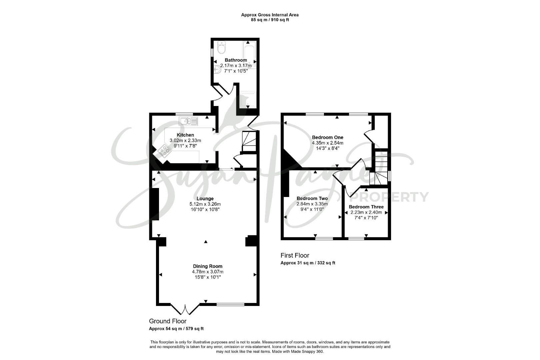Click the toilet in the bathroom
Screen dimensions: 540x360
pos(221,47)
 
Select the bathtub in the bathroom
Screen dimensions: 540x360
pos(249,55)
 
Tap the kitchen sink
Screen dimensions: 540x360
pos(188,121)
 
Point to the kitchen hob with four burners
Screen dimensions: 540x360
pos(165,151)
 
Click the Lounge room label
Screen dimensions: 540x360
pos(205,198)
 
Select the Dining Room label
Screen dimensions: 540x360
pos(208,266)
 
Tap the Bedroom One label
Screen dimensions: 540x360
pos(327,137)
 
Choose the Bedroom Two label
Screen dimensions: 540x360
pos(312,198)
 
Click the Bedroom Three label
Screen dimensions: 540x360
pos(366,207)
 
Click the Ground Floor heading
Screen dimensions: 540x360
pos(168,321)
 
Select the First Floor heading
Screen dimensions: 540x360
pos(295,255)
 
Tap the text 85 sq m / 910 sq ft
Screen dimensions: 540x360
pos(270,20)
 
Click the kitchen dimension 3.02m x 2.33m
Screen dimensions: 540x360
pos(185,140)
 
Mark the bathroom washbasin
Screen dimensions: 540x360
pos(217,69)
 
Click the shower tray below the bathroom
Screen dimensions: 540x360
pos(248,99)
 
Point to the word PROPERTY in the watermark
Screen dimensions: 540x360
pos(389,197)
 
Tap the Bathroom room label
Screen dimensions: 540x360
pos(236,60)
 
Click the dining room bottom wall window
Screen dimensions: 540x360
pos(230,304)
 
